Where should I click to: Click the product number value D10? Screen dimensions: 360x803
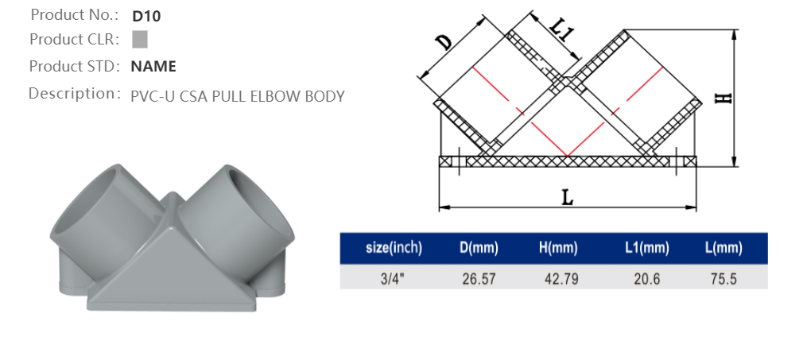146,15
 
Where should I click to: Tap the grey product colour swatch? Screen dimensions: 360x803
140,39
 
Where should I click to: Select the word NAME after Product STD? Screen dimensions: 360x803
153,66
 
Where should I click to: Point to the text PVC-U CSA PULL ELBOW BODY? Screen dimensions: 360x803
237,97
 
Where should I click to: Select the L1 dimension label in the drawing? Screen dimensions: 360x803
561,29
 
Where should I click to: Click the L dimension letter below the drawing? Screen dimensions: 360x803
567,197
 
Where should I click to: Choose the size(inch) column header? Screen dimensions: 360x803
394,248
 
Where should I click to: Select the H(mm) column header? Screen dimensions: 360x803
557,248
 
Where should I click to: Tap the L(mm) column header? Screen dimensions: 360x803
723,248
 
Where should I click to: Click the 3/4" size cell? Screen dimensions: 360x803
394,278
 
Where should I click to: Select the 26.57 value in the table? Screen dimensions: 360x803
479,278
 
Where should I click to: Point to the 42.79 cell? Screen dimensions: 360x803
557,278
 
